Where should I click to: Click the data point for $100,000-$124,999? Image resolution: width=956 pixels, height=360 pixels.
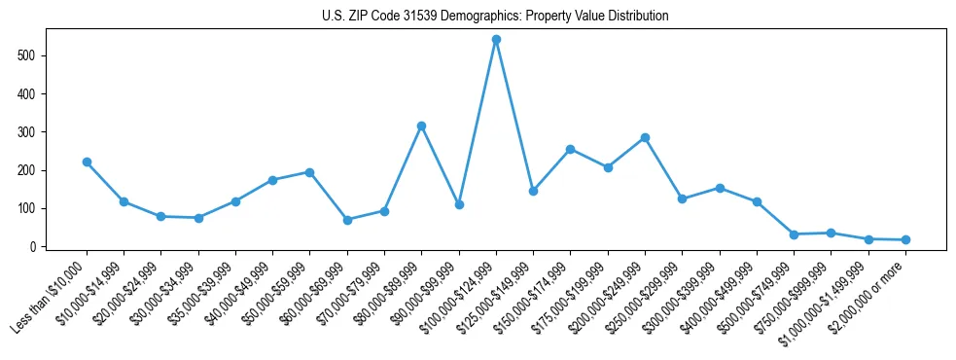496,40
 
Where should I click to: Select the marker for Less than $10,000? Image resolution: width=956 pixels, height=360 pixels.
87,162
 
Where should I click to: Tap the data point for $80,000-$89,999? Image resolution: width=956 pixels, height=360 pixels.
421,126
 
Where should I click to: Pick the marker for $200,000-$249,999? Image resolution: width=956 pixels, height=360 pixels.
645,138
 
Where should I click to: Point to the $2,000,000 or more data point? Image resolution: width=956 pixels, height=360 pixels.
905,239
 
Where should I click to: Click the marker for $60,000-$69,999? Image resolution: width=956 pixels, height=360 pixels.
347,220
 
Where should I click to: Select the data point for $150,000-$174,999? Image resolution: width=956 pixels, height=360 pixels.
570,149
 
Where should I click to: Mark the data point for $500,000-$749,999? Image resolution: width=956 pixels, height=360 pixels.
794,234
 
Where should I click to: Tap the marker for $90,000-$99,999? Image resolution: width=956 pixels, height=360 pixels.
459,204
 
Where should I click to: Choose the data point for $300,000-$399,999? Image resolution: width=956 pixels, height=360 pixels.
720,188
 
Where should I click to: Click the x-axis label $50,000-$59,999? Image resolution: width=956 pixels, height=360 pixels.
273,296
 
